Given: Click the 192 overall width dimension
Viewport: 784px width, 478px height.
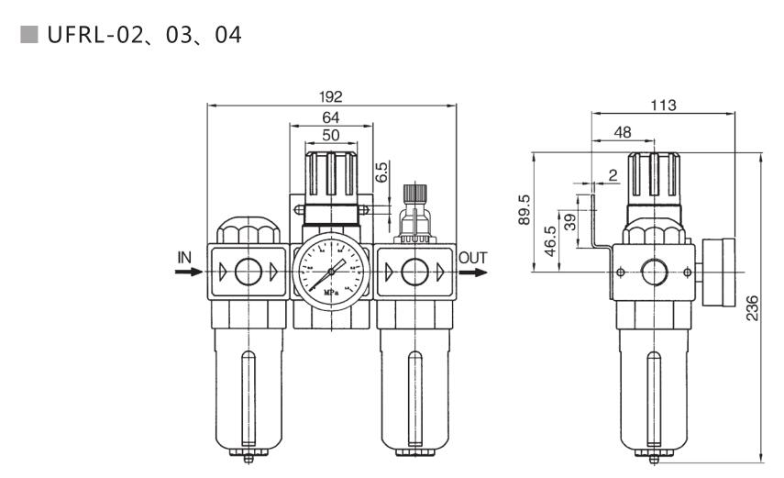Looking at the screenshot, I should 331,96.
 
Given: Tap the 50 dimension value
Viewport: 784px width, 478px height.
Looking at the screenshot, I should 330,135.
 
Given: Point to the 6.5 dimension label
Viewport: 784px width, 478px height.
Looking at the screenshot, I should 381,172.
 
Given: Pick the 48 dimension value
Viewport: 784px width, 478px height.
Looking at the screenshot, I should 622,132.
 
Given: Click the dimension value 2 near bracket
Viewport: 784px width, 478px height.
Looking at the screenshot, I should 612,174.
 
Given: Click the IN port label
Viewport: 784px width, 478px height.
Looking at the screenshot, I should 184,258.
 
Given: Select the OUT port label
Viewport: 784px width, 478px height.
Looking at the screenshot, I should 473,258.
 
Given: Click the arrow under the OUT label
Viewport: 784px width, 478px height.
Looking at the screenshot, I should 474,272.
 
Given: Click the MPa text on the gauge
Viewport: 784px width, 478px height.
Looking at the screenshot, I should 330,293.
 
